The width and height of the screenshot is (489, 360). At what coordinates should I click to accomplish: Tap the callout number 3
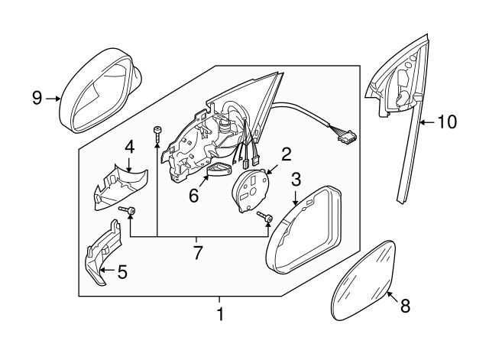tap(296, 180)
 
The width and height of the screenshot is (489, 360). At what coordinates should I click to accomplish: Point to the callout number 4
tap(130, 145)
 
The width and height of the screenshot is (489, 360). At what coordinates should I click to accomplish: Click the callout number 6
tap(194, 196)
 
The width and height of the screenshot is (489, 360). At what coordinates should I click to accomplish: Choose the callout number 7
tap(198, 251)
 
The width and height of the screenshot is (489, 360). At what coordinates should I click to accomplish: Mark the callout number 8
tap(405, 306)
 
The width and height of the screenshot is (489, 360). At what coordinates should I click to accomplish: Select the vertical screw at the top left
tap(157, 134)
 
